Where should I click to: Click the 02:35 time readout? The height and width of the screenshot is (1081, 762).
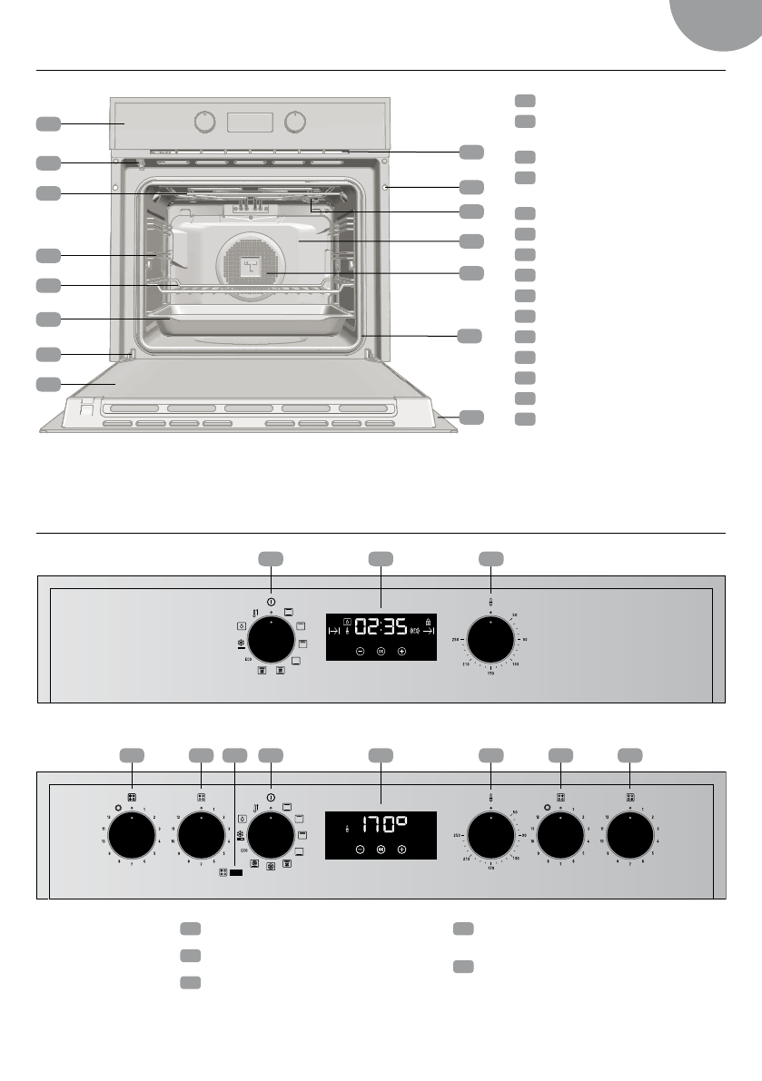pos(381,626)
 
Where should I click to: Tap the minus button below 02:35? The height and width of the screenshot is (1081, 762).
pos(360,652)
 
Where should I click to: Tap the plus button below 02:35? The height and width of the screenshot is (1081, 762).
pos(401,652)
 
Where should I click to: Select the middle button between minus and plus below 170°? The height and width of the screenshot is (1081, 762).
pos(381,850)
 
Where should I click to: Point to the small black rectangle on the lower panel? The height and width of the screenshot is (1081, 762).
pos(236,873)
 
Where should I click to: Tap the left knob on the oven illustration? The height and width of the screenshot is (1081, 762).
pos(206,122)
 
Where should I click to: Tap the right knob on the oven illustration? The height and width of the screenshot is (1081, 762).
pos(294,122)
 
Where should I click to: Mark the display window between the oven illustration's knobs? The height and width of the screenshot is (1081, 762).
pos(250,122)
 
